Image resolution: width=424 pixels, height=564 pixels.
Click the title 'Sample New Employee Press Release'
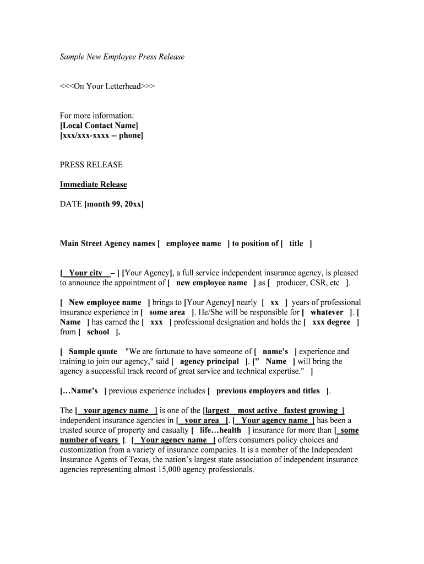click(x=122, y=57)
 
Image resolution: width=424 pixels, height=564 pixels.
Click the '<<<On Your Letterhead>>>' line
click(x=107, y=86)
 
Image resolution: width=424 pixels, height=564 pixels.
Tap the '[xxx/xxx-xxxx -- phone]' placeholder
click(x=101, y=135)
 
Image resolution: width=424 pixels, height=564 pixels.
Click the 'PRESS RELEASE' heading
click(x=91, y=165)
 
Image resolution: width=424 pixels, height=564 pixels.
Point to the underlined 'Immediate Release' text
click(x=93, y=185)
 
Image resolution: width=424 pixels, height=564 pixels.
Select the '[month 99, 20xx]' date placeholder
click(x=114, y=204)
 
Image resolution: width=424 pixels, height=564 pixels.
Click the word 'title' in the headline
click(x=296, y=243)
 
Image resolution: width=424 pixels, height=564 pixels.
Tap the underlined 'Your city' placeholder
click(x=85, y=273)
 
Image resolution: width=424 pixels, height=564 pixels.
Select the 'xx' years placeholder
click(x=274, y=302)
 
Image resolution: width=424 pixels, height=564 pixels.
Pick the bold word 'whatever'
click(x=327, y=312)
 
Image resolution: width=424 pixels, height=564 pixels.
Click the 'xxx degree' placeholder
click(x=331, y=322)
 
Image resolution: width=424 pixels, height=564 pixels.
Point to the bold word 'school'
click(x=98, y=332)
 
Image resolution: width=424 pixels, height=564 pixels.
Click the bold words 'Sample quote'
click(x=93, y=351)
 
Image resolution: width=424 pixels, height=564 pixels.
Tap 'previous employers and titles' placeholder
click(x=268, y=391)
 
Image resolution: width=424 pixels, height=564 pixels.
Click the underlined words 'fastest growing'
click(x=311, y=410)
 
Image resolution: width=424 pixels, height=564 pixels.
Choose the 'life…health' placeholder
click(x=220, y=430)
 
